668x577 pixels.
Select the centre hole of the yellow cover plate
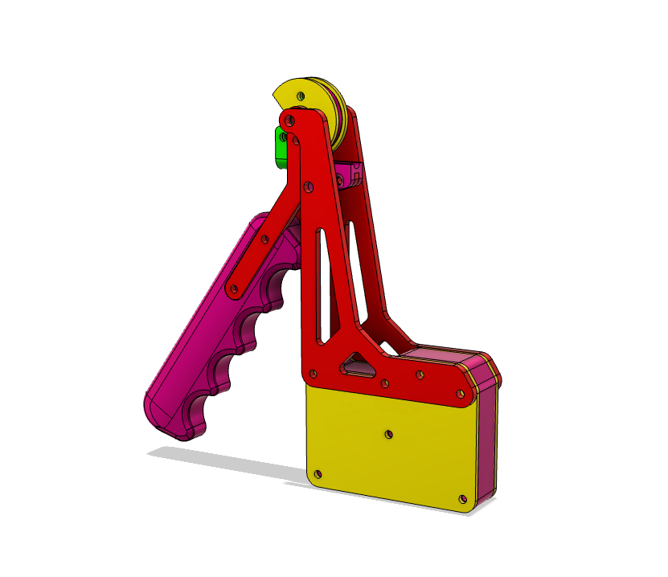tap(389, 434)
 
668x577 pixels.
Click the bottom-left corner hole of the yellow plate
tap(322, 473)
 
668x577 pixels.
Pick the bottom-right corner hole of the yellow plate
tap(462, 499)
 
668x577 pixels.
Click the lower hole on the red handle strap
tap(235, 287)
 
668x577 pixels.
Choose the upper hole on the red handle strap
tap(266, 239)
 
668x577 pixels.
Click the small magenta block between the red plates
tap(351, 174)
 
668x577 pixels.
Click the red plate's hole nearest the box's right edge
tap(459, 393)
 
